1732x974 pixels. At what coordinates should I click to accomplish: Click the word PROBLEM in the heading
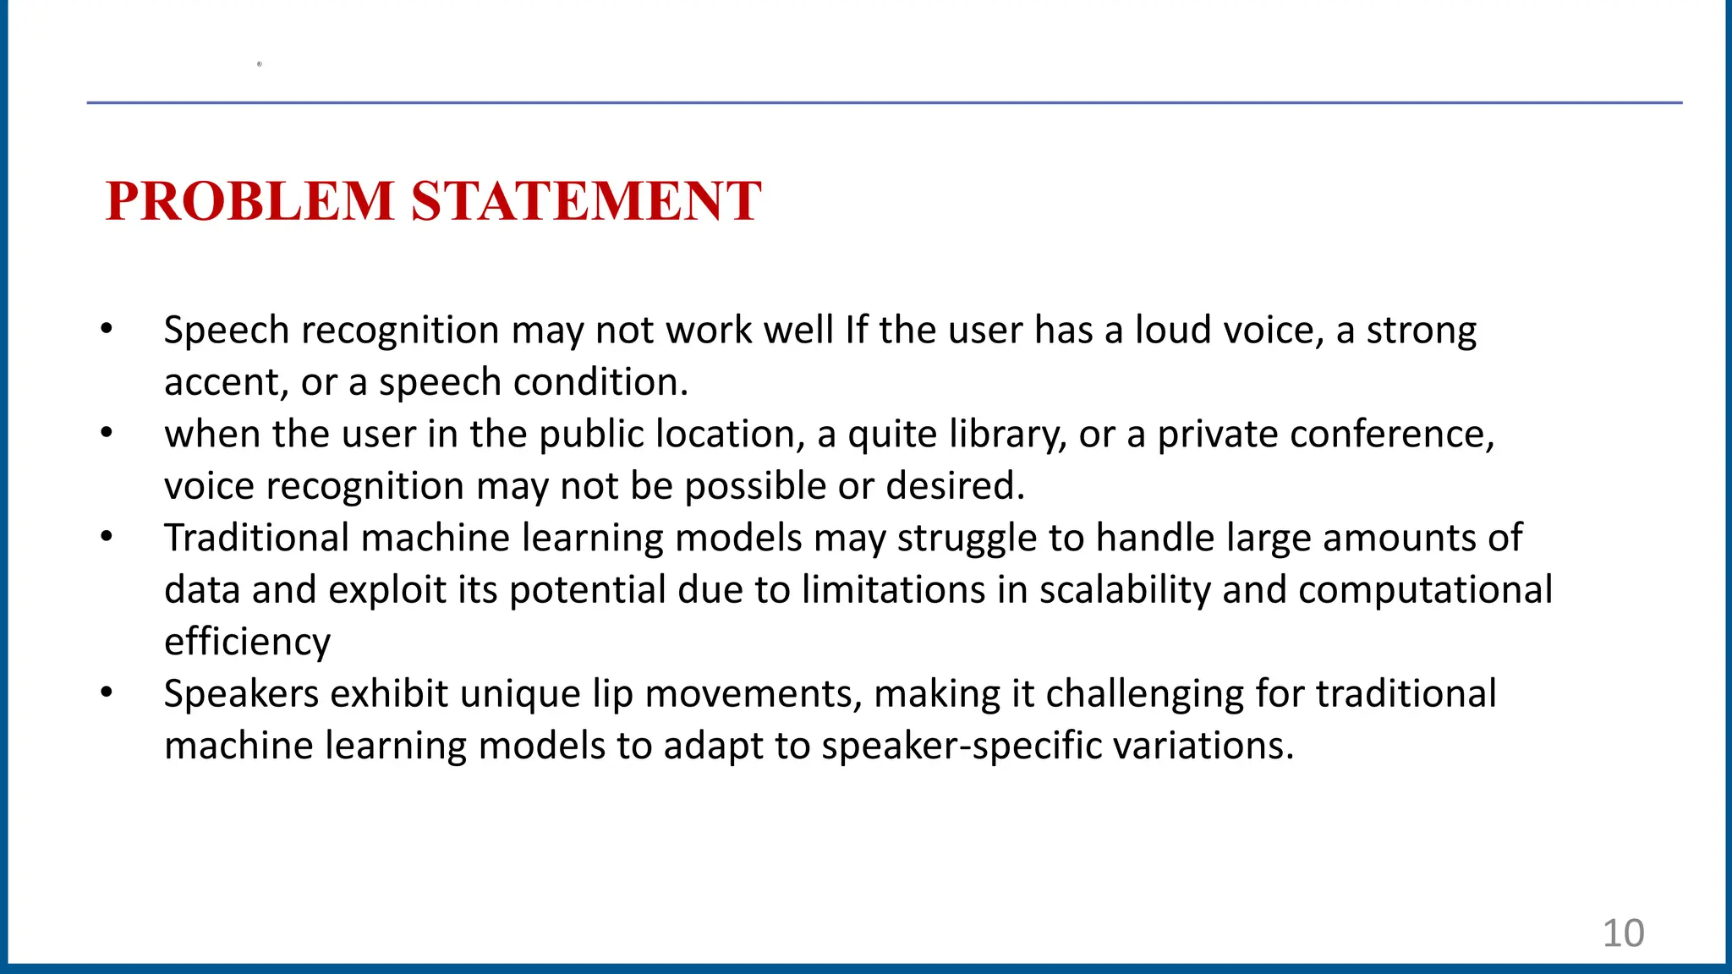(x=250, y=202)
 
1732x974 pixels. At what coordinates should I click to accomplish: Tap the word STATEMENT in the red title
(x=586, y=202)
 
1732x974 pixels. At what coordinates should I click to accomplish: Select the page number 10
(x=1623, y=933)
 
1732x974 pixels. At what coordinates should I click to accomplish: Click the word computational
(x=1425, y=590)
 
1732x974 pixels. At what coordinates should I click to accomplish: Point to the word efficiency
(x=247, y=643)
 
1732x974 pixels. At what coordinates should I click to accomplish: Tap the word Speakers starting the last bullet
(x=241, y=694)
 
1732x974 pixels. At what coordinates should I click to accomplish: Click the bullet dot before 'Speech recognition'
(x=106, y=329)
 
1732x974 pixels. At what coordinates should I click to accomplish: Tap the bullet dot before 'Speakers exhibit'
(x=106, y=693)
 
